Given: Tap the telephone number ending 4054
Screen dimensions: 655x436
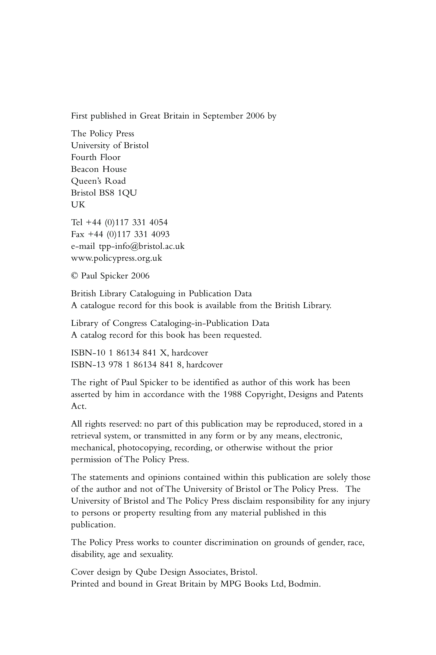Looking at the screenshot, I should point(136,222).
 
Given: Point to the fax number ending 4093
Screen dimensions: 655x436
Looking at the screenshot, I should point(138,234).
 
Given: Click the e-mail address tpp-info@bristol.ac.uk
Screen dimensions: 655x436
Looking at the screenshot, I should point(142,246).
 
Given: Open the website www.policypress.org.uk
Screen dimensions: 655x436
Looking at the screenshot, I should point(116,258).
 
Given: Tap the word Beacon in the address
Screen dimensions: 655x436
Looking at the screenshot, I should point(85,169).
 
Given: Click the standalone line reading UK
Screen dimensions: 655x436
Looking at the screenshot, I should point(78,205).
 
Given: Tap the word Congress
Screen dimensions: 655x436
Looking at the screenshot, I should point(130,323).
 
